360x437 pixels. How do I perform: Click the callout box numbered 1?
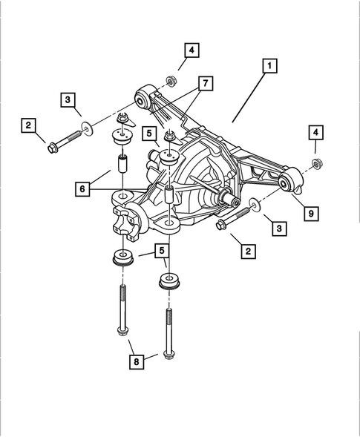268,67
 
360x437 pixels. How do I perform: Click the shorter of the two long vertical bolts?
120,312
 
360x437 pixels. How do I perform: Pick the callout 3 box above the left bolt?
68,99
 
